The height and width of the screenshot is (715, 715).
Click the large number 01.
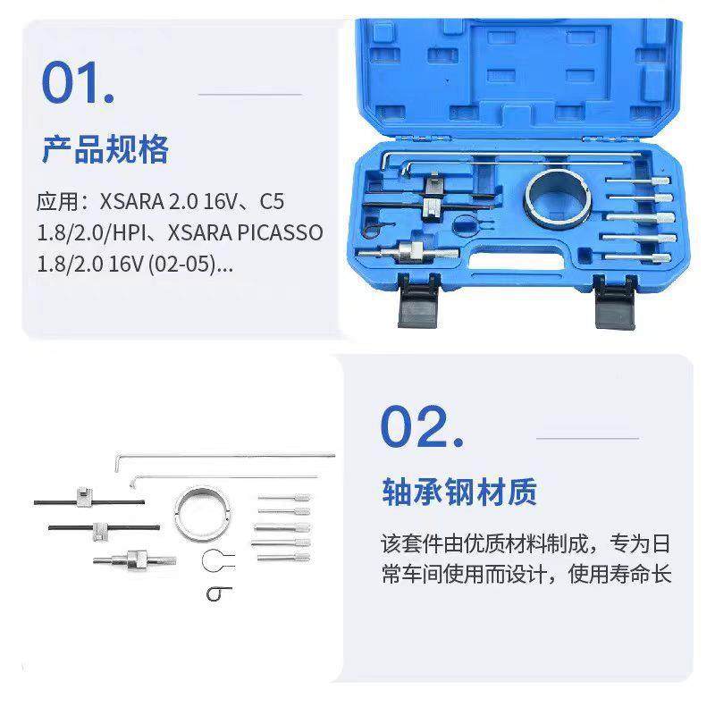78,82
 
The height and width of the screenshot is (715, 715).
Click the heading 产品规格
105,148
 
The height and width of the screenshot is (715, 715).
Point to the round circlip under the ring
219,560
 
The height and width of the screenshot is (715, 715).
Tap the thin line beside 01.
249,92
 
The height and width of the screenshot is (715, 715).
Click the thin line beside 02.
587,438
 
